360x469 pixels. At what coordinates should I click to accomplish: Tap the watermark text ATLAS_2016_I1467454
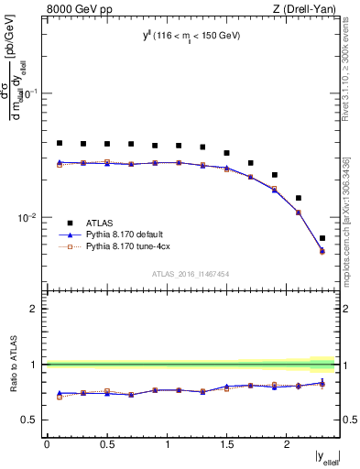[x=191, y=272]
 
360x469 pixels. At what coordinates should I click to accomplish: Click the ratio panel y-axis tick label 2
[x=34, y=309]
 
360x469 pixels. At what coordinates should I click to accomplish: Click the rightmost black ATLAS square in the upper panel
[x=322, y=238]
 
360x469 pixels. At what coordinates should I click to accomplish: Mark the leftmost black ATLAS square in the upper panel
[x=60, y=143]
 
